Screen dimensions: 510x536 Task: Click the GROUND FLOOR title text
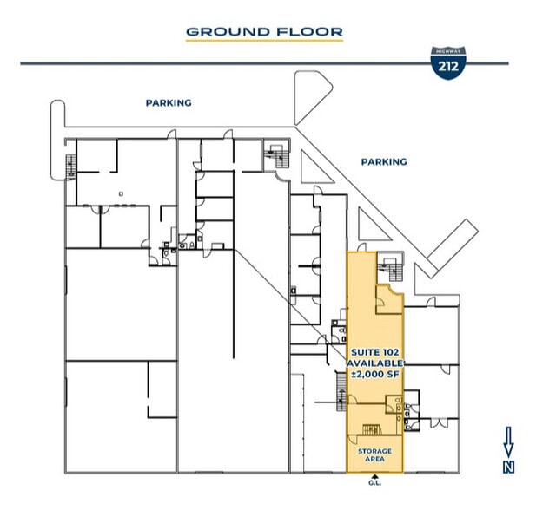pyautogui.click(x=264, y=32)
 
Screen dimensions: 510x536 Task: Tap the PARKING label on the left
pyautogui.click(x=168, y=102)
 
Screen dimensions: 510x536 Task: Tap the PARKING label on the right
pyautogui.click(x=383, y=161)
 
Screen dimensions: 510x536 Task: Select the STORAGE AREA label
pyautogui.click(x=374, y=454)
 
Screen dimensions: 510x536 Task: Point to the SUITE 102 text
pyautogui.click(x=374, y=351)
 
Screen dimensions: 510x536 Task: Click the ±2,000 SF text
pyautogui.click(x=374, y=374)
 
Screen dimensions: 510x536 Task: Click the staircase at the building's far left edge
pyautogui.click(x=69, y=162)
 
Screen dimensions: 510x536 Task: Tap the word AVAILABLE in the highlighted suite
pyautogui.click(x=374, y=363)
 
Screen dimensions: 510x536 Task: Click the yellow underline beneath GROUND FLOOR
pyautogui.click(x=264, y=42)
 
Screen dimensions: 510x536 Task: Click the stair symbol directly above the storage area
pyautogui.click(x=372, y=428)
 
